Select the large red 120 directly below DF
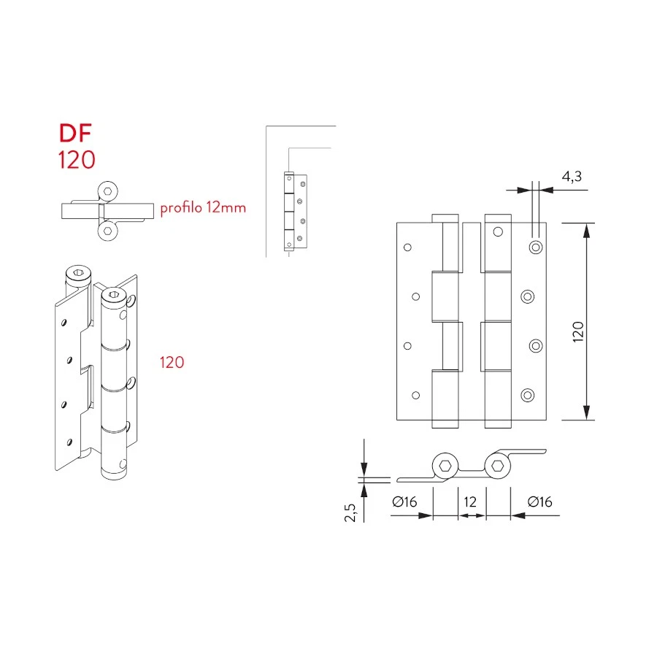pos(77,160)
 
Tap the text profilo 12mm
pos(203,208)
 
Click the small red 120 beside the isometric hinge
pos(172,362)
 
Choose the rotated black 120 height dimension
pos(578,333)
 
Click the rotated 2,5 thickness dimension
pos(350,512)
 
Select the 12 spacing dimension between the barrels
pos(470,502)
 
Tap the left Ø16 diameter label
pos(404,502)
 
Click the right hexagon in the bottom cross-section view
pos(496,466)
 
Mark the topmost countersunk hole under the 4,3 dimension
pos(536,247)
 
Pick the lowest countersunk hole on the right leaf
pos(527,395)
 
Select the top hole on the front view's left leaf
pos(408,247)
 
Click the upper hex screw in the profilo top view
pos(109,191)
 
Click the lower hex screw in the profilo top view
pos(109,231)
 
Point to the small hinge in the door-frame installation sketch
pos(296,212)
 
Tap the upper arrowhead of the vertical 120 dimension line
pos(585,229)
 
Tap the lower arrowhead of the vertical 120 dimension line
pos(585,413)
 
